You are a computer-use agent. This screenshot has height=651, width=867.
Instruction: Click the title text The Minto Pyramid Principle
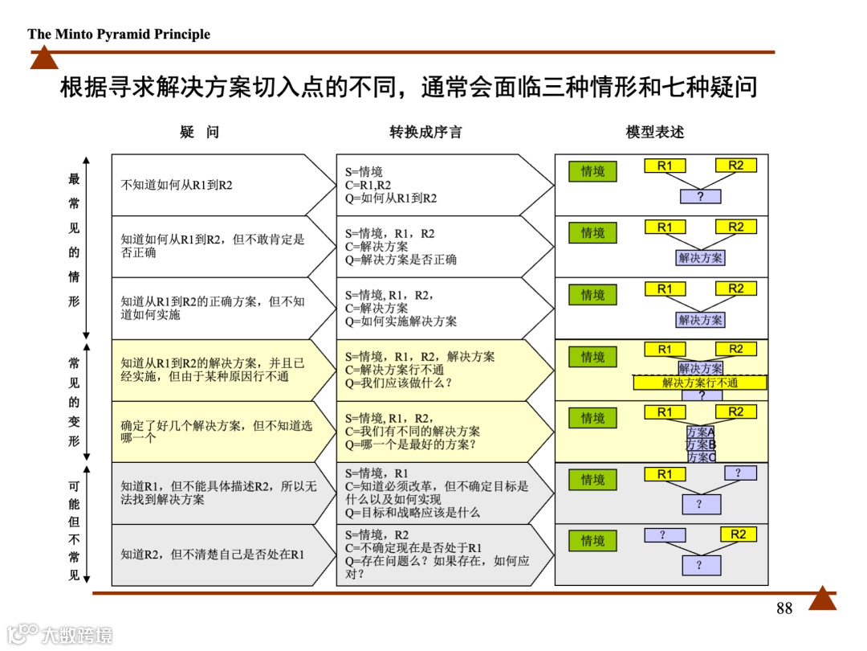click(x=119, y=34)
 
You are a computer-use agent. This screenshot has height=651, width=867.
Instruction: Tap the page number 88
click(x=784, y=608)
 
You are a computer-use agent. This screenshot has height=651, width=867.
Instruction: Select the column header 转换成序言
click(x=425, y=133)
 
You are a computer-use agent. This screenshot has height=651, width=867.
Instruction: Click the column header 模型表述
click(x=655, y=133)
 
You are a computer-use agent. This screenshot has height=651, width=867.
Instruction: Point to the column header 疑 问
click(x=199, y=133)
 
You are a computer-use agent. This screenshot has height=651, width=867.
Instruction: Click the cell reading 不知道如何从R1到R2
click(x=177, y=185)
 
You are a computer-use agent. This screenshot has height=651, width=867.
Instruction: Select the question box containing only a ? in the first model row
click(x=700, y=196)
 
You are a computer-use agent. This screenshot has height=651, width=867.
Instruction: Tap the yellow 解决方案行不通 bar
click(x=700, y=383)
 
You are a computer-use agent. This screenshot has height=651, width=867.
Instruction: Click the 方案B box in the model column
click(x=700, y=444)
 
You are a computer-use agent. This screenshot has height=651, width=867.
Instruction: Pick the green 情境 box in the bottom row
click(x=592, y=541)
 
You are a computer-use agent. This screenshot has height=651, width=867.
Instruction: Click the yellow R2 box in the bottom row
click(x=738, y=534)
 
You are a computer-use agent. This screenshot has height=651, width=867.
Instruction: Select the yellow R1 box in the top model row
click(x=665, y=166)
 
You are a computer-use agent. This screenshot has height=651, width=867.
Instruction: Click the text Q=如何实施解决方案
click(x=401, y=321)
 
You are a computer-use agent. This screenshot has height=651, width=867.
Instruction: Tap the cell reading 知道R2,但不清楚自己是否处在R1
click(x=213, y=555)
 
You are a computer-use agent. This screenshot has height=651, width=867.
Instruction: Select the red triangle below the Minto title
click(x=44, y=59)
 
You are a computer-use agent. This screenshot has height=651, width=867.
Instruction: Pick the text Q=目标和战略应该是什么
click(x=413, y=512)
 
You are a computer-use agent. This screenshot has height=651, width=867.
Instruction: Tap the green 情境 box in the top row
click(x=592, y=171)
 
